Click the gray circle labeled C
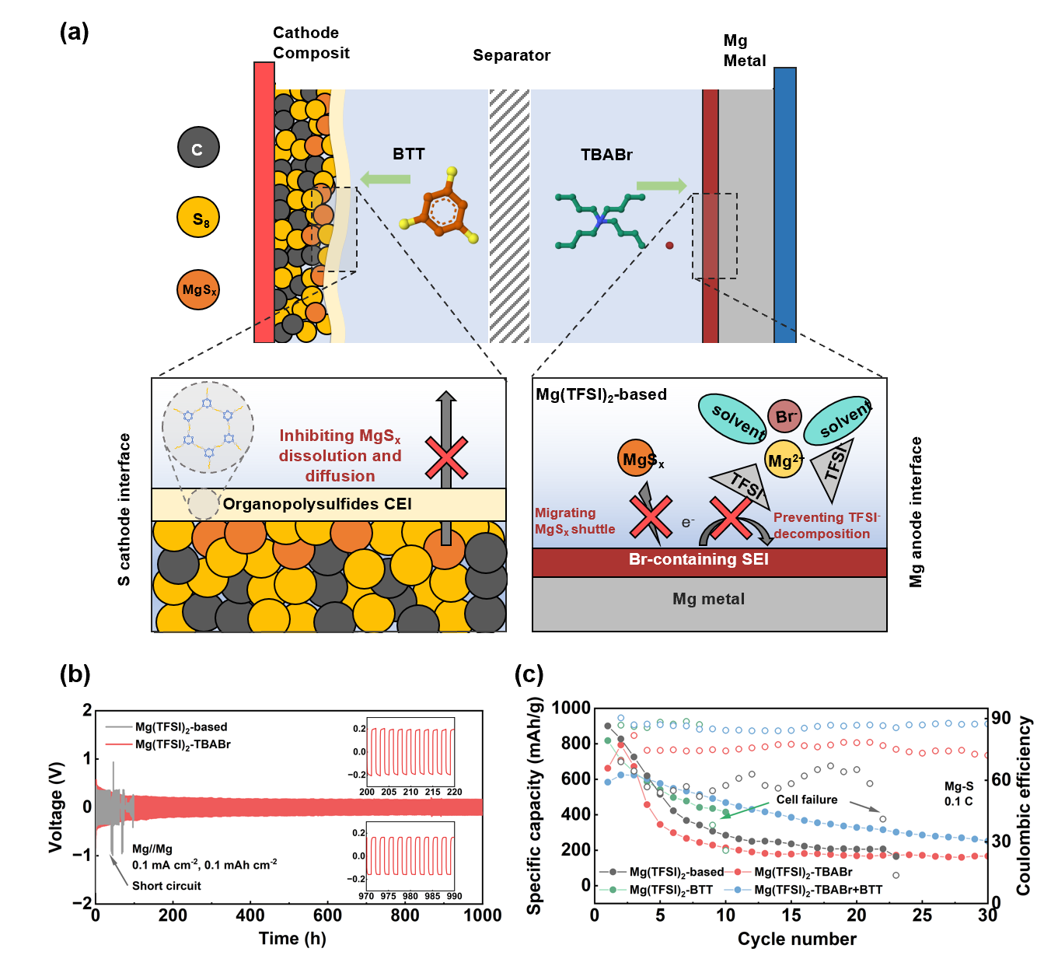click(198, 147)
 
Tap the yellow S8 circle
click(198, 218)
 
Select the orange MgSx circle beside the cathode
click(198, 289)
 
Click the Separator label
click(512, 55)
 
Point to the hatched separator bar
click(509, 216)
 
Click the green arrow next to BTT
click(386, 179)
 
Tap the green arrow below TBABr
click(662, 185)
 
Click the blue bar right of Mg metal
click(785, 205)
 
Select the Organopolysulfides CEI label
click(317, 504)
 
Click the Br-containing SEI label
click(698, 559)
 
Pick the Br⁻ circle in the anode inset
click(784, 417)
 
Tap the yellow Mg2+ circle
click(784, 460)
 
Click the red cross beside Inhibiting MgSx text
click(446, 457)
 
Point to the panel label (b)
click(75, 674)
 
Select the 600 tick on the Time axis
click(327, 915)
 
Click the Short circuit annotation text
click(166, 886)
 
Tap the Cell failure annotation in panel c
click(807, 800)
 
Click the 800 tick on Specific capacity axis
click(575, 743)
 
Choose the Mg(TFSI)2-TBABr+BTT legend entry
click(818, 890)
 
